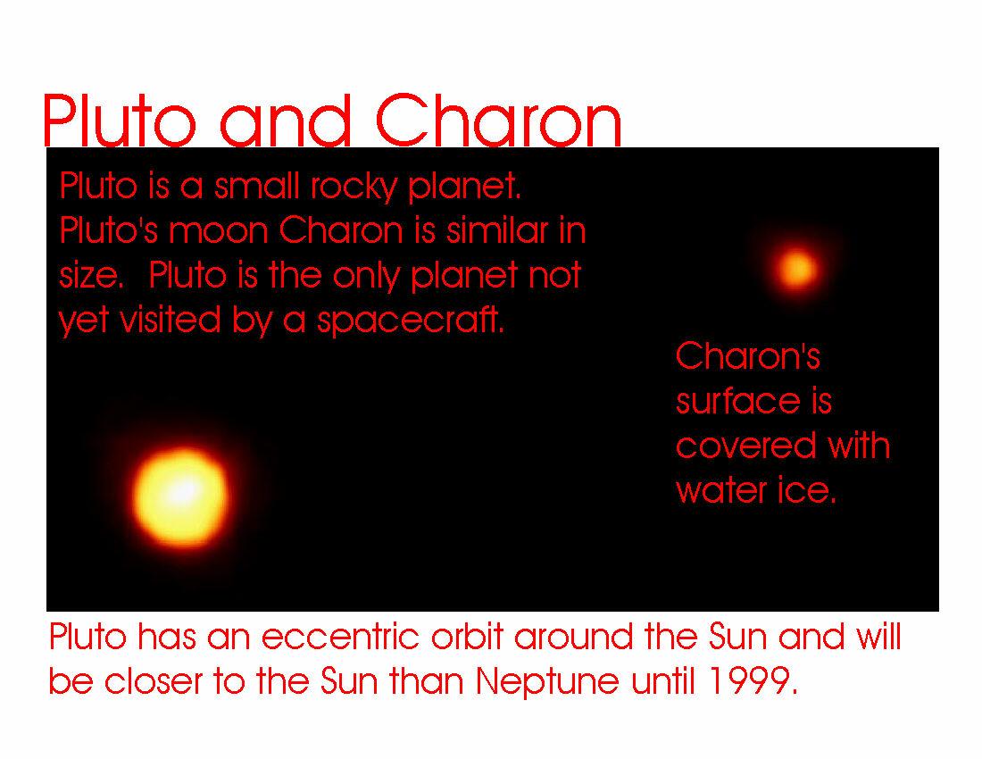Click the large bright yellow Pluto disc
coord(181,496)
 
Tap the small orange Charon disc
coord(796,270)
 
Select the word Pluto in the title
coord(120,121)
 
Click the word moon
coord(219,231)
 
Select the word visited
coord(171,320)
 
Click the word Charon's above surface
coord(748,356)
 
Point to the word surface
coord(738,402)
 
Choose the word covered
coord(745,446)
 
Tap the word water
coord(721,491)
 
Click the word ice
coord(807,490)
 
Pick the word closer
coord(154,681)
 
